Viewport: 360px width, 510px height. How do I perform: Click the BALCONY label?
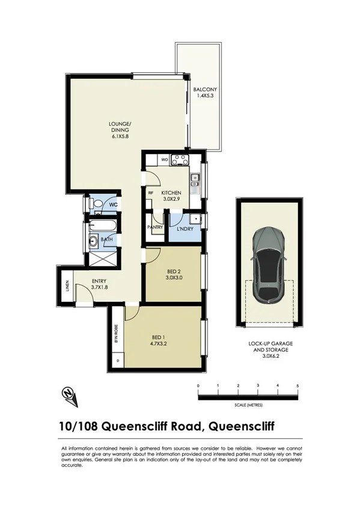201,91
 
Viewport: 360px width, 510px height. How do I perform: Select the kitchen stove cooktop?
180,160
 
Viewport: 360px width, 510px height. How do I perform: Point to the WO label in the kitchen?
165,160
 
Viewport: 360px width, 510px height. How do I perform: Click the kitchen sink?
195,179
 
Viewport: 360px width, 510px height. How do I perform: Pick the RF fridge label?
151,193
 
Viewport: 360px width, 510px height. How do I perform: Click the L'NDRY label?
185,228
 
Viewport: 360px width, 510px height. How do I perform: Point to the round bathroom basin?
94,242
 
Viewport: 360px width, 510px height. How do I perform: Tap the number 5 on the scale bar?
297,385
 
